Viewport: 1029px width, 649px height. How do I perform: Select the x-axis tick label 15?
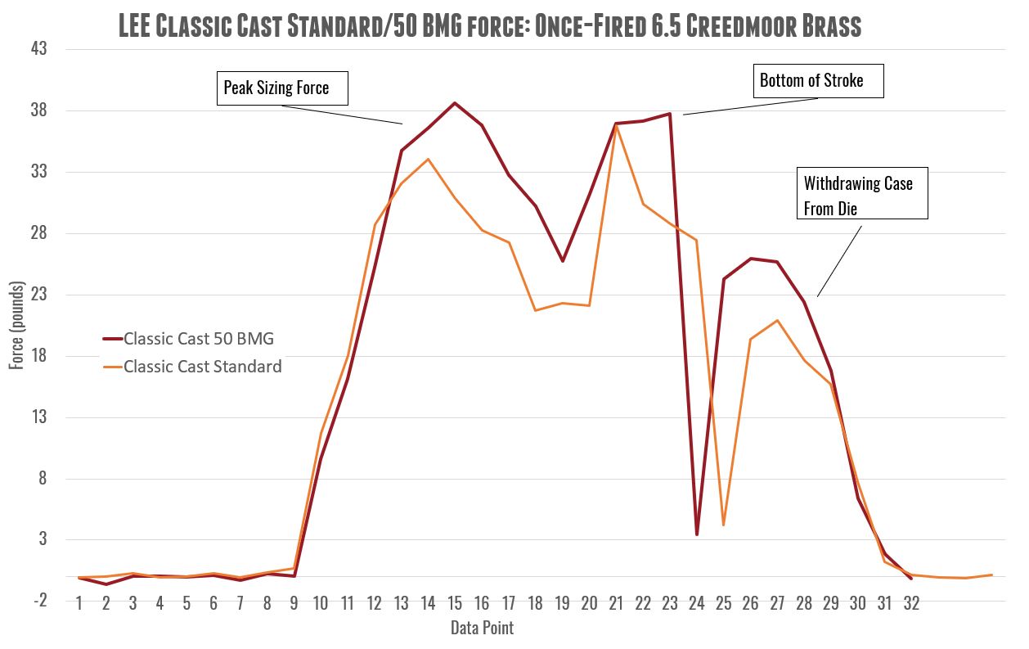click(455, 604)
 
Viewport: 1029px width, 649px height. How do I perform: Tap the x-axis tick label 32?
click(911, 604)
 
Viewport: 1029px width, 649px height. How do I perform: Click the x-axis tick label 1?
click(79, 604)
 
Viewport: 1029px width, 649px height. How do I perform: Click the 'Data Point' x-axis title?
click(482, 628)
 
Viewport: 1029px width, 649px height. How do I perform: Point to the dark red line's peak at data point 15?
click(455, 103)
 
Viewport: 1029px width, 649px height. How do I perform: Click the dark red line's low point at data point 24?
click(697, 534)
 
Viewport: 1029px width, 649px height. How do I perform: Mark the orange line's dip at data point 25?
click(724, 525)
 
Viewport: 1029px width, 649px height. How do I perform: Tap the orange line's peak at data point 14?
click(428, 159)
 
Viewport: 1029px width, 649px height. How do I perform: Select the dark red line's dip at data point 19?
click(563, 261)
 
